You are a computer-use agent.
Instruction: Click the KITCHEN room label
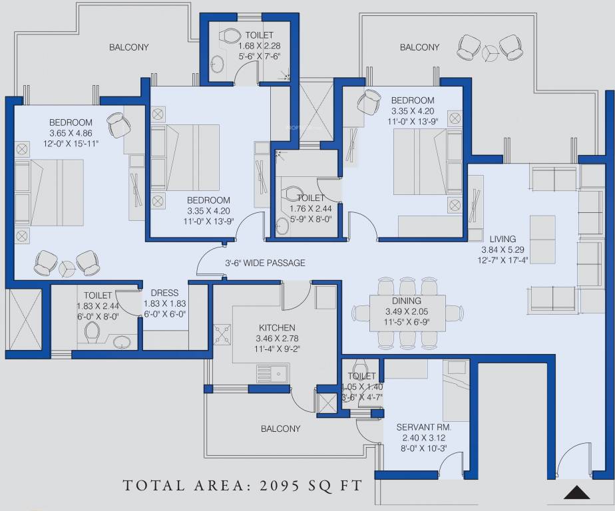[277, 328]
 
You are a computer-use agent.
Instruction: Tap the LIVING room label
[503, 239]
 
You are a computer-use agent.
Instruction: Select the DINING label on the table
[407, 301]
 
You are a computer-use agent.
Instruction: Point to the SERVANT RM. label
[423, 427]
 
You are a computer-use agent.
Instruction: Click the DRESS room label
[165, 293]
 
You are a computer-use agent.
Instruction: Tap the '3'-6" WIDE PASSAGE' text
[265, 263]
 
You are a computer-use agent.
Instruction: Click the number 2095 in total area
[280, 486]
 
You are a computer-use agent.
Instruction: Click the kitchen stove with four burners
[223, 335]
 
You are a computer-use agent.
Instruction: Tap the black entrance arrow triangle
[577, 492]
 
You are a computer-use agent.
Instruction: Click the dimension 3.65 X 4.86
[71, 133]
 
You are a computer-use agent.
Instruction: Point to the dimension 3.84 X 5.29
[503, 250]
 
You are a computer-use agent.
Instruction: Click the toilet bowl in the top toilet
[230, 35]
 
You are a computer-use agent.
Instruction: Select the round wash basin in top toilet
[217, 63]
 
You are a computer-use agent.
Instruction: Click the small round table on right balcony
[489, 51]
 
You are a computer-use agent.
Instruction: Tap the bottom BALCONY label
[280, 428]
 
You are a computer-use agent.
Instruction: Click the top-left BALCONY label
[128, 47]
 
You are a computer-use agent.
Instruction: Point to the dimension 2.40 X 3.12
[423, 438]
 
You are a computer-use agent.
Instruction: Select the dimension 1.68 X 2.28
[260, 45]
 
